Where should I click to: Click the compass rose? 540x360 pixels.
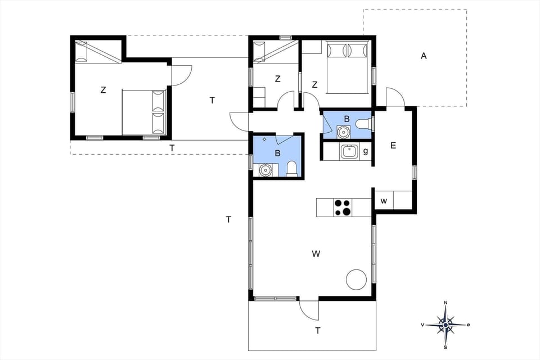[x=445, y=325]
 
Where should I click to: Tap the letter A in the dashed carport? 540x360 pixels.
[x=424, y=56]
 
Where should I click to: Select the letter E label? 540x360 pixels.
[x=393, y=146]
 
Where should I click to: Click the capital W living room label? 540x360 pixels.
[x=316, y=254]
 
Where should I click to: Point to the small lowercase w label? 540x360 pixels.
[x=384, y=201]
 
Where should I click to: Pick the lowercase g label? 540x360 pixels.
[x=366, y=151]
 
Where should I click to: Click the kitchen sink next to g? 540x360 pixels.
[x=349, y=151]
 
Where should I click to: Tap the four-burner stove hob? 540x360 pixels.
[x=343, y=208]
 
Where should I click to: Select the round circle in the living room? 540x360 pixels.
[x=357, y=279]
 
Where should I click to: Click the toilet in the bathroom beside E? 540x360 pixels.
[x=363, y=124]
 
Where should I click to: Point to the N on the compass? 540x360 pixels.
[x=445, y=303]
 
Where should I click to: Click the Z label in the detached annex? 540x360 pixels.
[x=103, y=89]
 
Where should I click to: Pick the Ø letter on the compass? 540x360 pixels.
[x=468, y=325]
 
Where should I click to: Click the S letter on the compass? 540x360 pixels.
[x=445, y=347]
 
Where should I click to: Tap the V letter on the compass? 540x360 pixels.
[x=422, y=325]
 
